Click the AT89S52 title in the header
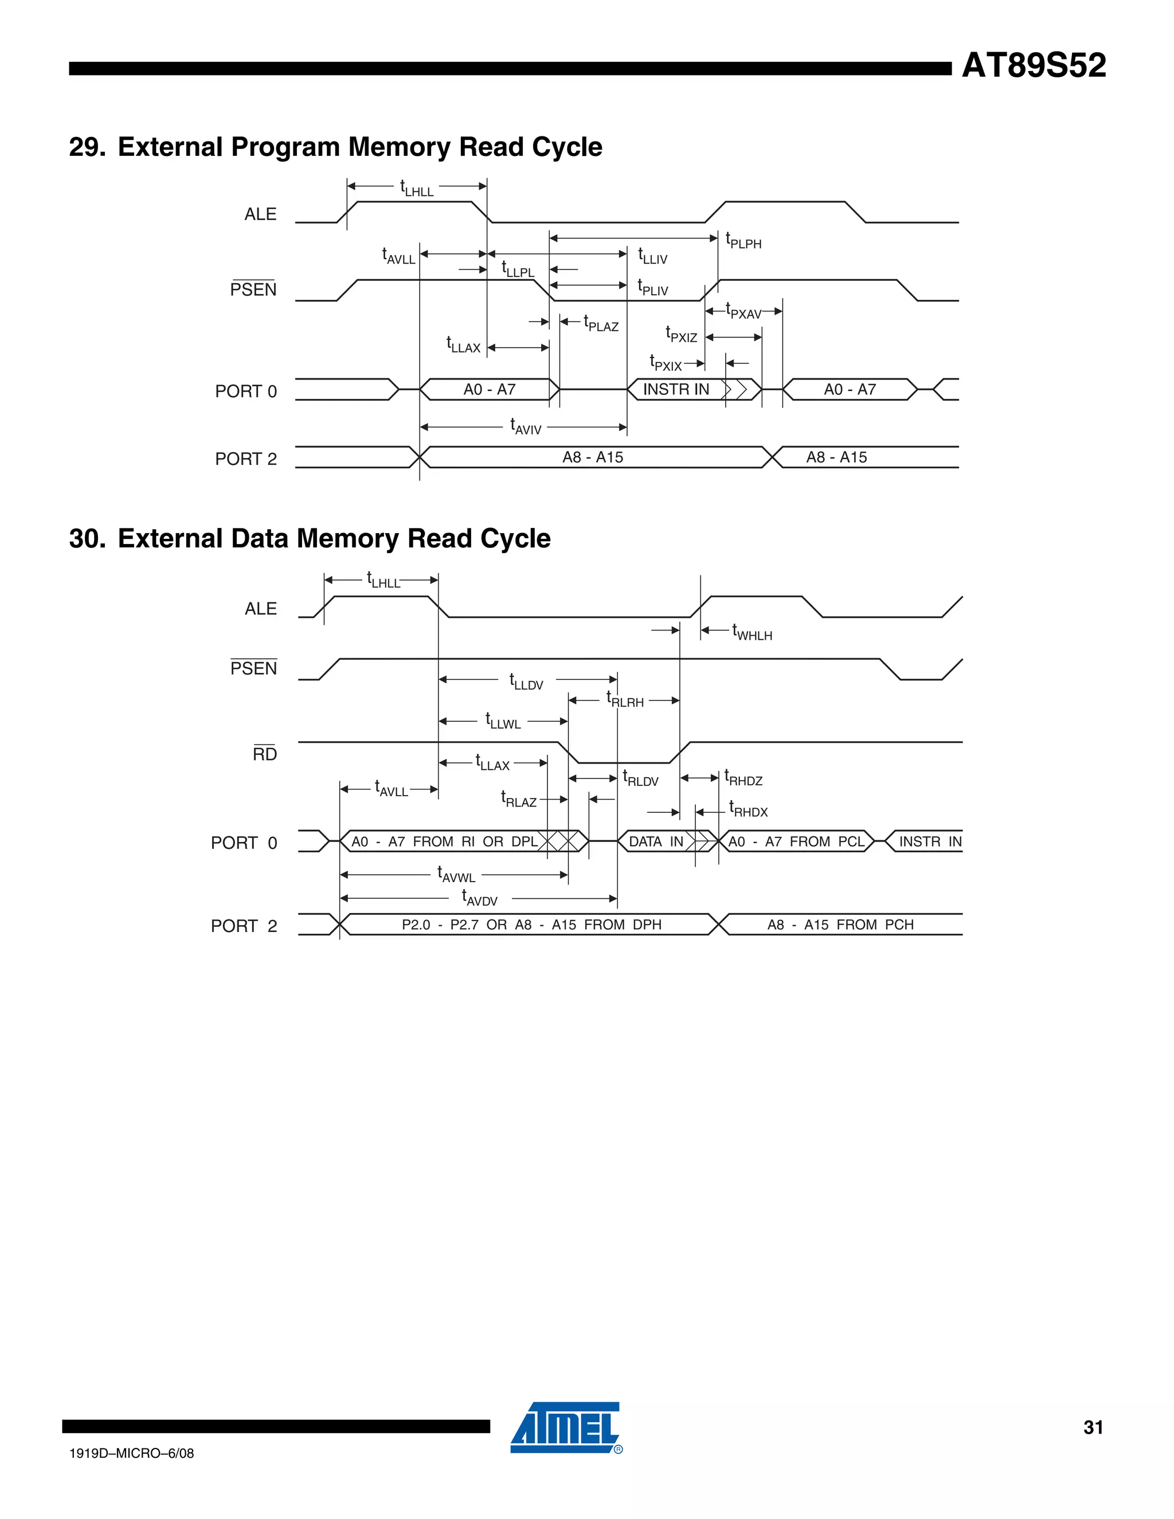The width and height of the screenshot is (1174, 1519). [x=1034, y=66]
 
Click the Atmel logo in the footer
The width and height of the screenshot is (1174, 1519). [x=565, y=1427]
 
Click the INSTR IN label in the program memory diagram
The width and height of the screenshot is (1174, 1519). [x=675, y=389]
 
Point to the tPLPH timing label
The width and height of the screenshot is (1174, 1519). [x=743, y=241]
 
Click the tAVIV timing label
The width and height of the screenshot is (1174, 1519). [x=525, y=426]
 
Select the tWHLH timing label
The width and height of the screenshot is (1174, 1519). [x=752, y=632]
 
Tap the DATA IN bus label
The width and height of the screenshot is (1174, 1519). [x=656, y=841]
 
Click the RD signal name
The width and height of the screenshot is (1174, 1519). [x=264, y=754]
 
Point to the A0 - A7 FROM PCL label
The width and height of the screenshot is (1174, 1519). [x=796, y=841]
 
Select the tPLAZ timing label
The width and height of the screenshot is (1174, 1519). [x=601, y=323]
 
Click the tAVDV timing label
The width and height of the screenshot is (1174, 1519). [x=480, y=898]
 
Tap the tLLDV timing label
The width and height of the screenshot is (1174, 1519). [x=526, y=682]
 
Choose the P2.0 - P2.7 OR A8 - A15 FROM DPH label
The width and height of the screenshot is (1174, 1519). [x=531, y=925]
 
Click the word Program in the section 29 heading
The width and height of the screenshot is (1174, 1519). [x=284, y=147]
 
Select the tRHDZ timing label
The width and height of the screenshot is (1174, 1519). [x=743, y=778]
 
